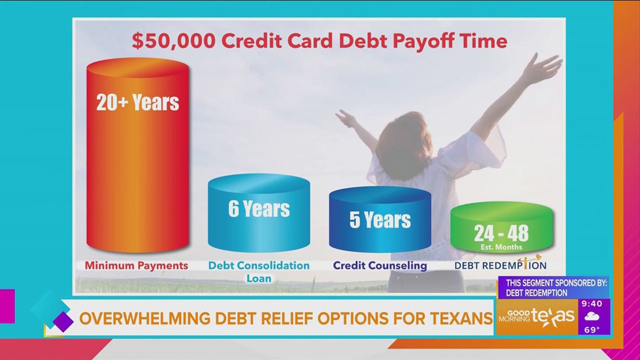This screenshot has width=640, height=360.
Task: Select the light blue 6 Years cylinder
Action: pos(259,213)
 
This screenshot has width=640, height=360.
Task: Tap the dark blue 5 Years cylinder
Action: pos(380,220)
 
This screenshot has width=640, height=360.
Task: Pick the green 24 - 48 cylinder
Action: pos(501,227)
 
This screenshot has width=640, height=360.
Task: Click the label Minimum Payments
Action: pos(136,266)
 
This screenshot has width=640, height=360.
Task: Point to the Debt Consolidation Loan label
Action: pos(259,271)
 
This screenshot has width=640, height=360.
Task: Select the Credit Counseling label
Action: pos(380,266)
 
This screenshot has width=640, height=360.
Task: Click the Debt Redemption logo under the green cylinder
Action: pos(500,265)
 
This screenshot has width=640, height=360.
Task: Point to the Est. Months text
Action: pos(501,247)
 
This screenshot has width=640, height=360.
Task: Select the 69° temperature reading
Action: pos(592,330)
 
